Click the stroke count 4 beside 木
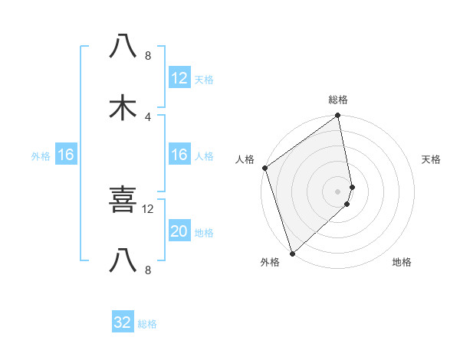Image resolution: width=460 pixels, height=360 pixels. coord(148,116)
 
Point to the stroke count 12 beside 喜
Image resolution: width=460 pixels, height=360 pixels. coord(148,208)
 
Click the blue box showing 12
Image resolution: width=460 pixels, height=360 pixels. coord(179,78)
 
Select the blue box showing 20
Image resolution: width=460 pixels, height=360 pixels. coord(179,231)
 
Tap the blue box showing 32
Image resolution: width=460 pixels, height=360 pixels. coord(123,322)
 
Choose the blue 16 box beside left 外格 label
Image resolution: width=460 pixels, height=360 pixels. coord(65,155)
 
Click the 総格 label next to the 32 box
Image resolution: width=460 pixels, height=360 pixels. coord(147,324)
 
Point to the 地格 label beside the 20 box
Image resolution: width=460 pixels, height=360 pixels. coord(204,233)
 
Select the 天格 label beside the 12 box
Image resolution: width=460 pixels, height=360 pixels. coord(204,80)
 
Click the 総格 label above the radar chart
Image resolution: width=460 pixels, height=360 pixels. coord(338,100)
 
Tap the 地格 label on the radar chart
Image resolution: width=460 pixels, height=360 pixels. coord(402,263)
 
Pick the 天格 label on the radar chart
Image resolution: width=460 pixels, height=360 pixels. coord(432,159)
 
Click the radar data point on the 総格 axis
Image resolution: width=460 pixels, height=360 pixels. coord(338,116)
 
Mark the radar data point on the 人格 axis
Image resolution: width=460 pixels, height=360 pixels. coord(264,168)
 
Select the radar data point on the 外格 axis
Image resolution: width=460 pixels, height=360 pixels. coord(292,253)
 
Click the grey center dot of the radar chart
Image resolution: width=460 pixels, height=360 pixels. coord(338,191)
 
